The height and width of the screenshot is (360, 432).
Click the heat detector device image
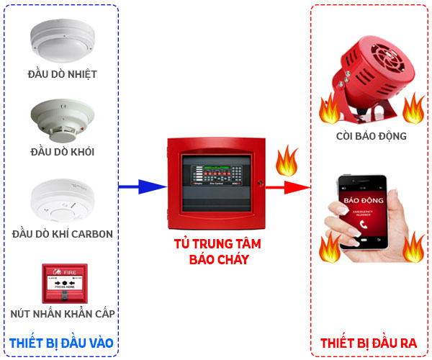tap(62, 40)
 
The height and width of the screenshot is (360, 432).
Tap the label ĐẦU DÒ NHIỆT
tap(62, 73)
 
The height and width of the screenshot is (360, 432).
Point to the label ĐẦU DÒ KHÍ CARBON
tap(63, 234)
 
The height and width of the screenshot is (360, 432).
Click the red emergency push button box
tap(63, 283)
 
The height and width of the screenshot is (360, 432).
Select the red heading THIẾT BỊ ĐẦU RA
tap(368, 343)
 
